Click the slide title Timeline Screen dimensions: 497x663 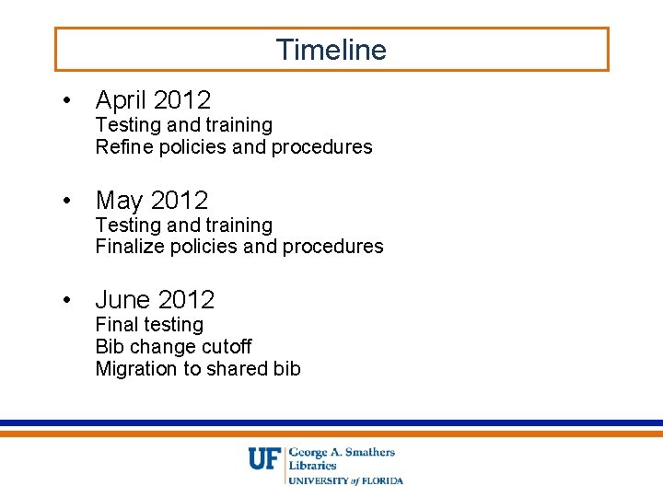(x=331, y=50)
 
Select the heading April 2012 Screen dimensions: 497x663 (x=153, y=99)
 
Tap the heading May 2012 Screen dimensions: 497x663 (x=152, y=200)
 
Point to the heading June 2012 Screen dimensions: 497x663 (x=155, y=299)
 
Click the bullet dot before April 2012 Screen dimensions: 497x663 (x=67, y=100)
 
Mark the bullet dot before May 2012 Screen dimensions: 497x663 (x=67, y=201)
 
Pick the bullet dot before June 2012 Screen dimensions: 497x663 (x=67, y=300)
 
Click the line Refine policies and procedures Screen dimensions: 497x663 (x=234, y=147)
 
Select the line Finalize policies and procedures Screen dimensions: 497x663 (x=239, y=247)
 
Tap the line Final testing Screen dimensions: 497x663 (x=149, y=325)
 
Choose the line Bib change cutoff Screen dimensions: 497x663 (x=173, y=347)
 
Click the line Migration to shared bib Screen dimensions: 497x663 (x=198, y=369)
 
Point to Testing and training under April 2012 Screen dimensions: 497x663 (x=184, y=125)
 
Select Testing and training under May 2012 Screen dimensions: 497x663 (x=184, y=225)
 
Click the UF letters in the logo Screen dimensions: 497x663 (x=263, y=458)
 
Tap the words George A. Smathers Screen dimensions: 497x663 (x=342, y=452)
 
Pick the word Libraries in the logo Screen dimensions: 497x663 (x=313, y=466)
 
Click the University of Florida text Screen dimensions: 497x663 (x=346, y=480)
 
